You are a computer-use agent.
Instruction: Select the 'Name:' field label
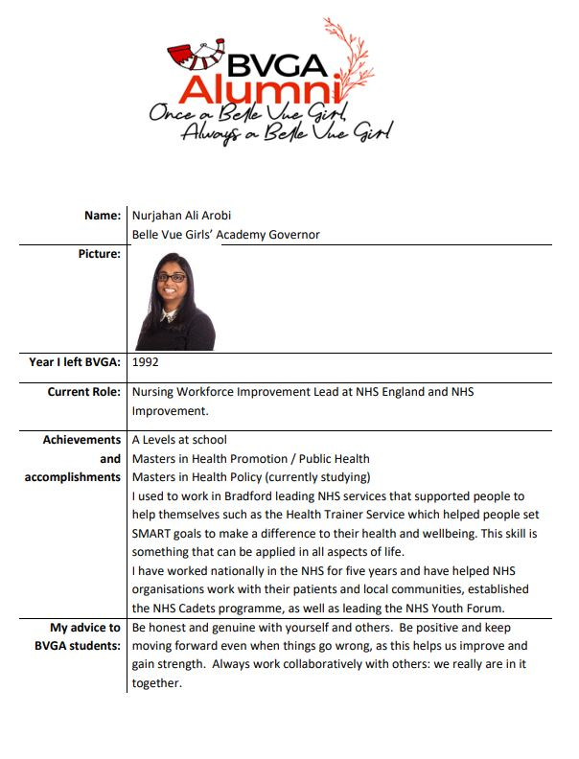pos(103,216)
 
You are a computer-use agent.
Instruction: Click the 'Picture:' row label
pos(99,254)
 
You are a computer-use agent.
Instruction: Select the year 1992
pos(145,362)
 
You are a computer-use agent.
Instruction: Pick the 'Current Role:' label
pos(84,392)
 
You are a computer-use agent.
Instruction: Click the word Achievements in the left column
pos(81,440)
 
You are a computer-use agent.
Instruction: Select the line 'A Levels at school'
pos(179,440)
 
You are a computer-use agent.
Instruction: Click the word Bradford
pos(241,496)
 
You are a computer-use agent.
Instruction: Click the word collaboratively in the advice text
pos(346,665)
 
